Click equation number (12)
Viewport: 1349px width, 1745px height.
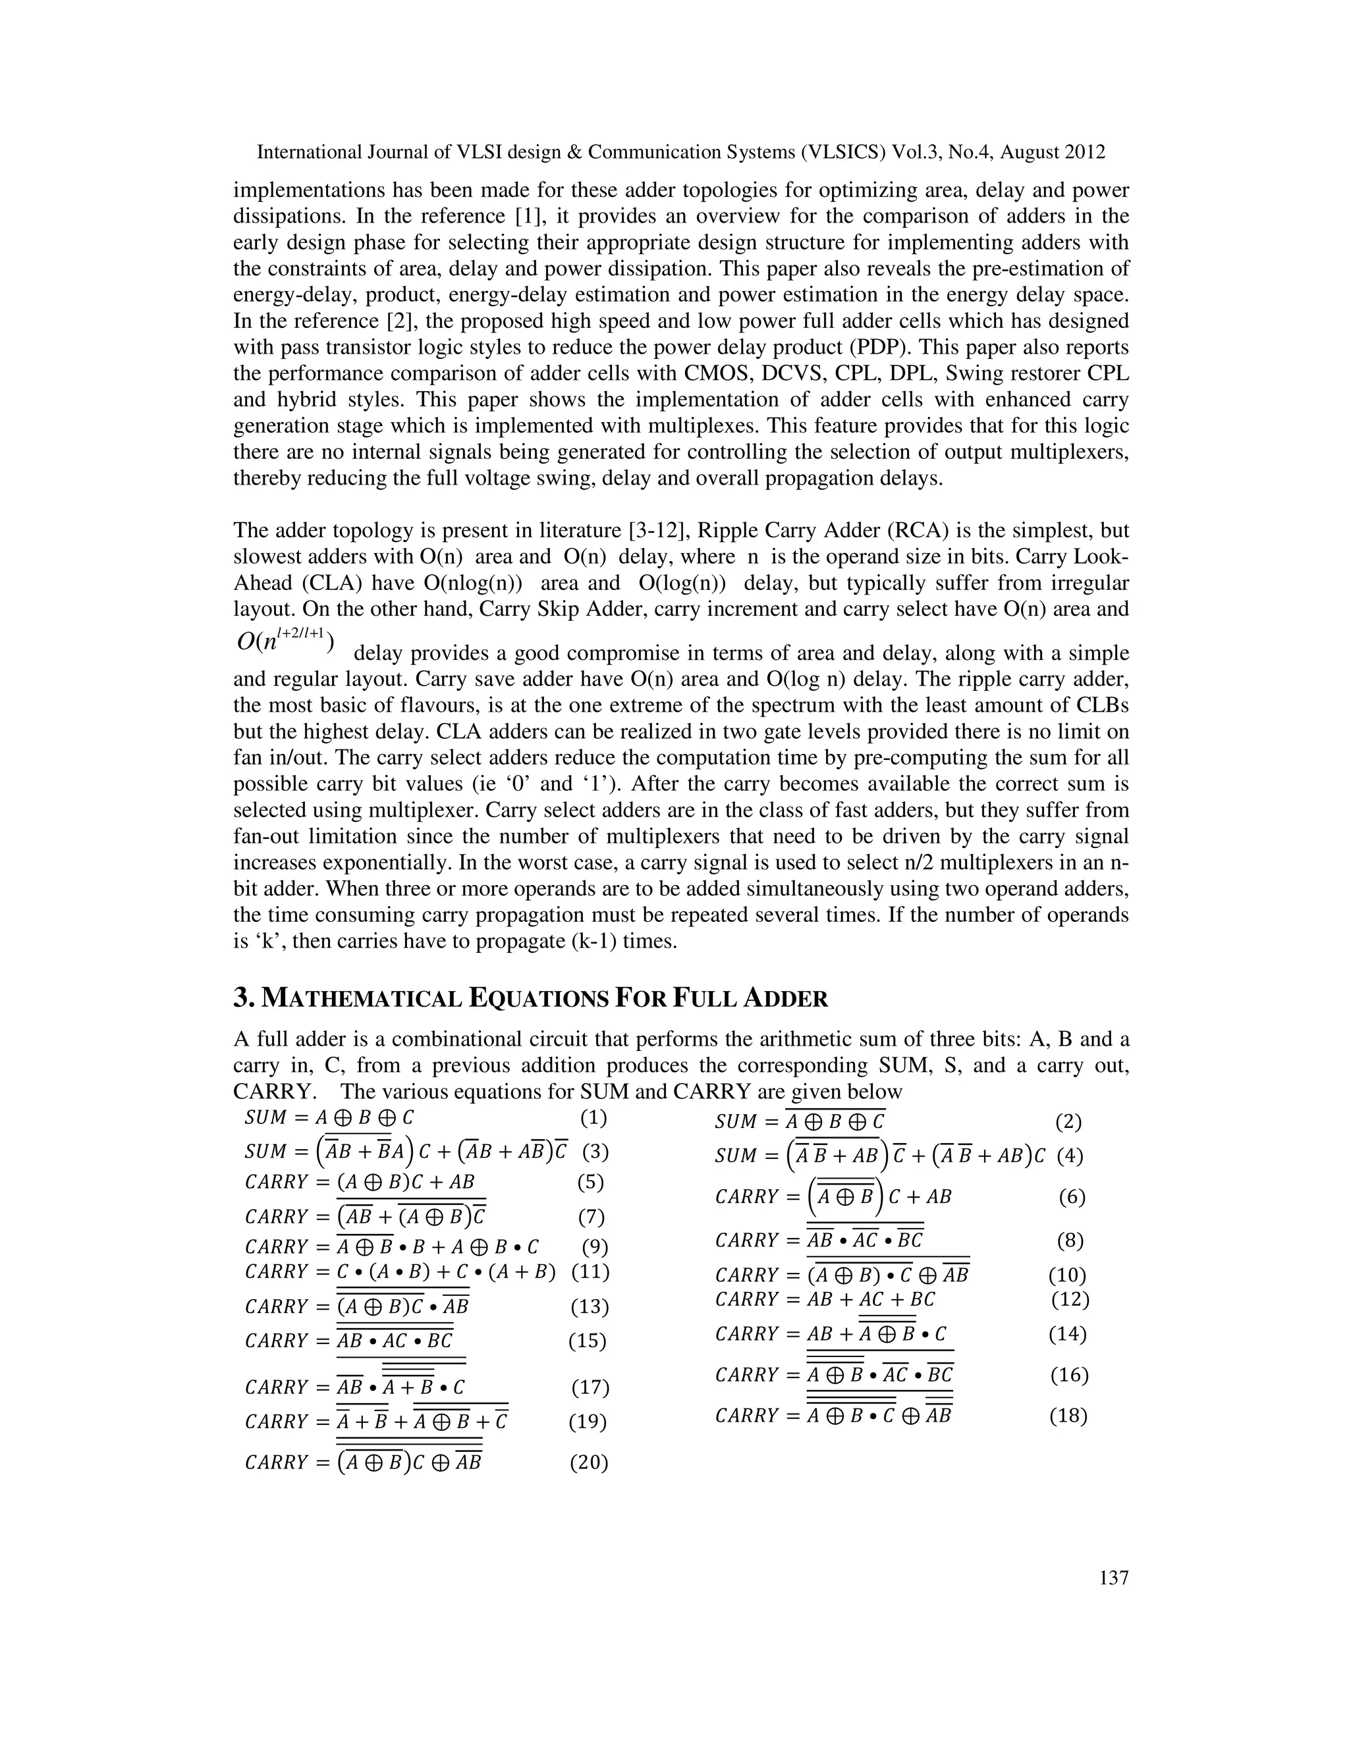(x=1069, y=1299)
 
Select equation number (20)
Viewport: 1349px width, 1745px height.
(x=588, y=1463)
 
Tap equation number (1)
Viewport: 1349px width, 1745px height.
(x=592, y=1117)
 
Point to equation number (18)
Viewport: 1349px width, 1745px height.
(x=1068, y=1416)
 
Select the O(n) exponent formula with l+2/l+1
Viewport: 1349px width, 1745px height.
(x=285, y=641)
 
